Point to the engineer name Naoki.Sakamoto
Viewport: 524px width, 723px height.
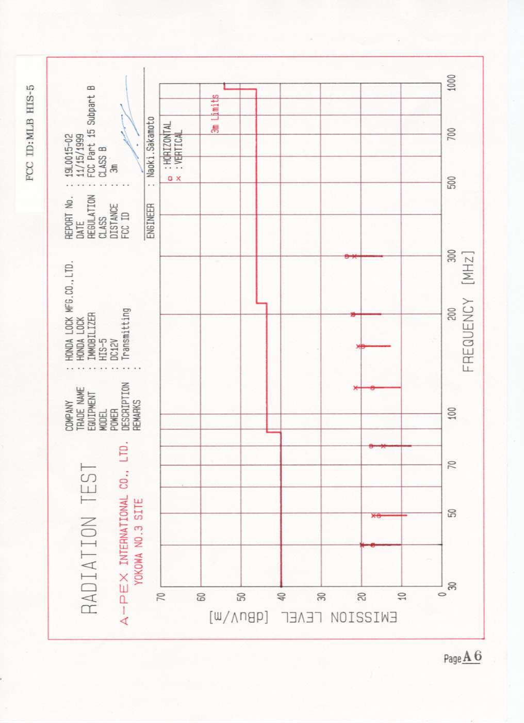coord(151,147)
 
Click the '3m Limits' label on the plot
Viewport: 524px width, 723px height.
coord(216,114)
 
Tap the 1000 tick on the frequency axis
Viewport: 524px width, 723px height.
coord(452,83)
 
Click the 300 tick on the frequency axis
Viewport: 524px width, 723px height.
coord(452,256)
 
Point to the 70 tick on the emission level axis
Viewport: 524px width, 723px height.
coord(161,597)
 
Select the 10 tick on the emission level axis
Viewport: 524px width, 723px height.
coord(402,597)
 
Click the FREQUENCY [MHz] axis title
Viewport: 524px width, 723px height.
coord(468,312)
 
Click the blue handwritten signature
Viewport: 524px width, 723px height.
coord(129,129)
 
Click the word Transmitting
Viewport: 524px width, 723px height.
coord(125,334)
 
